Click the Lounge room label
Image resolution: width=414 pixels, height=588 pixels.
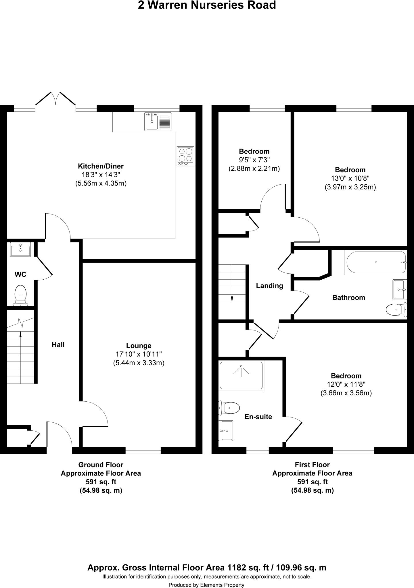tap(139, 346)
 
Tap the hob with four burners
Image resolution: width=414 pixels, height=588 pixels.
tap(185, 156)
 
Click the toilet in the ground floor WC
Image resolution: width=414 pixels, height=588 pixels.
tap(20, 295)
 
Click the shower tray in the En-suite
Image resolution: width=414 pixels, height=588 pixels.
tap(241, 376)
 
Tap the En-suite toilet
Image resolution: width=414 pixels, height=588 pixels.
tap(230, 407)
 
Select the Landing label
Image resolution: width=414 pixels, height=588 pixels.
tap(269, 286)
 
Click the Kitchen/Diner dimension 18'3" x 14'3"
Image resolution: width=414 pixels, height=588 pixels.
tap(101, 175)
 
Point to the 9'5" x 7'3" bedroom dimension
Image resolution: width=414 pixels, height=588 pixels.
tap(254, 160)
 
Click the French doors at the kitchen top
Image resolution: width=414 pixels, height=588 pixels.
tap(56, 99)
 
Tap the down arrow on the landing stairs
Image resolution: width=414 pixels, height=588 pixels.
tap(232, 299)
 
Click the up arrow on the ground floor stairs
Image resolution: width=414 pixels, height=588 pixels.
tap(20, 334)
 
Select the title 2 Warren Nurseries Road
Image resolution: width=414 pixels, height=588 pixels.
tap(207, 5)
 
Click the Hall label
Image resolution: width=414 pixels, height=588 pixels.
tap(58, 345)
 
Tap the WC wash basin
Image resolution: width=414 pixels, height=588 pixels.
tap(20, 249)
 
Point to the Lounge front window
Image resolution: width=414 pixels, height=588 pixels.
tap(143, 450)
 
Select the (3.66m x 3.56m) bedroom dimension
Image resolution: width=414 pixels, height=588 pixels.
tap(346, 393)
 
